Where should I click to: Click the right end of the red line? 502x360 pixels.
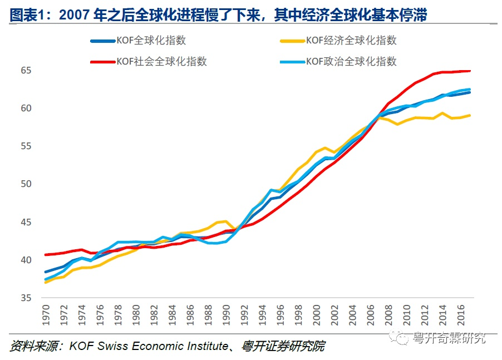click(x=471, y=71)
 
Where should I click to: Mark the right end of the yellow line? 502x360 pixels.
click(x=471, y=115)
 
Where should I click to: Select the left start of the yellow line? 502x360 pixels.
click(x=46, y=283)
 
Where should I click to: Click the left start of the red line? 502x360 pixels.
click(x=46, y=255)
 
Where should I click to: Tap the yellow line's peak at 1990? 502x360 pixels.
click(x=225, y=221)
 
